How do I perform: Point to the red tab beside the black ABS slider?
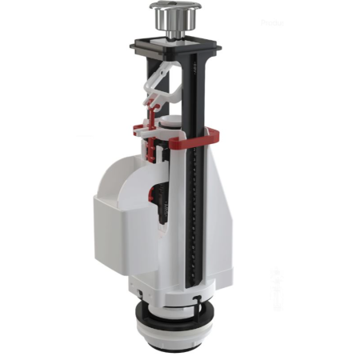(151, 193)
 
